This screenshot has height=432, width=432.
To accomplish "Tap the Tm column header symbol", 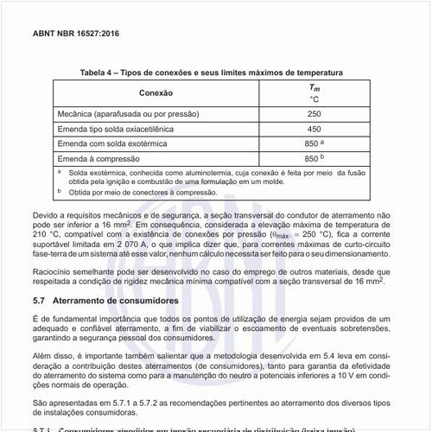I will pos(314,87).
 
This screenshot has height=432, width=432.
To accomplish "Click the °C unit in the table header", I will pos(314,99).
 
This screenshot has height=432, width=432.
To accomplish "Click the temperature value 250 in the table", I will pos(314,113).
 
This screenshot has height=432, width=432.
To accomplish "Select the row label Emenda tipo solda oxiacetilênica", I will pos(115,129).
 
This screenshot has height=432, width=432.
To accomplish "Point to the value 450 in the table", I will pos(314,129).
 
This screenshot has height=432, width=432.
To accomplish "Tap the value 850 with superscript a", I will pos(313,143).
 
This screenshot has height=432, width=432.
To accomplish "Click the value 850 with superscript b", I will pos(313,159).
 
